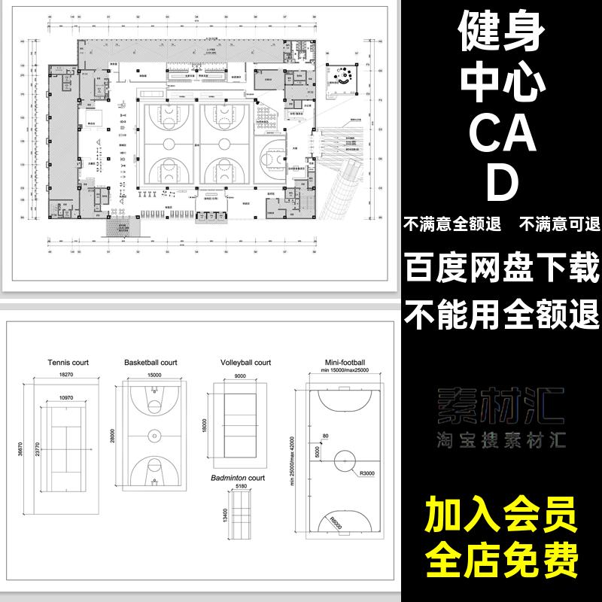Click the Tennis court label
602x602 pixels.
click(x=68, y=362)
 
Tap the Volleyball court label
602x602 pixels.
click(x=245, y=362)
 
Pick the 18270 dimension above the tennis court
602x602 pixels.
click(x=68, y=374)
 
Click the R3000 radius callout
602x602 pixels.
click(x=367, y=474)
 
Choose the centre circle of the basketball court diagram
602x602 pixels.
click(x=154, y=434)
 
